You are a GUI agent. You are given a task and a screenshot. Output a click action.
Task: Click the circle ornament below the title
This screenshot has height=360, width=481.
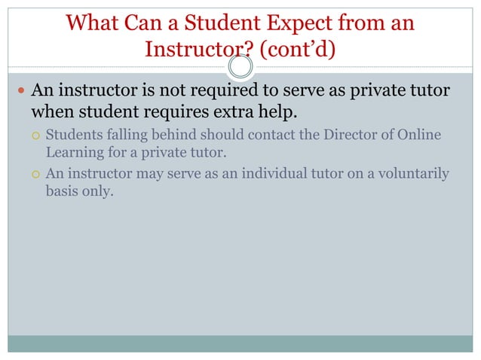(240, 69)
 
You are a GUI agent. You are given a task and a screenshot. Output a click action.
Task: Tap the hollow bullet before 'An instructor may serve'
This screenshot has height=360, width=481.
(35, 175)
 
